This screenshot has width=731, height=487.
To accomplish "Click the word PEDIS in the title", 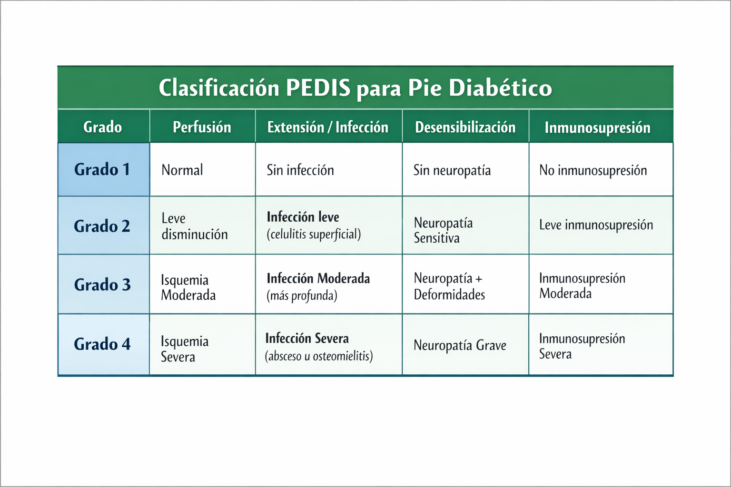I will (x=317, y=88).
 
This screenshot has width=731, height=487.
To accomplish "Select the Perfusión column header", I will (x=202, y=127).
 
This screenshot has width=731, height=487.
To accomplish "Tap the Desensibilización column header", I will (x=465, y=127).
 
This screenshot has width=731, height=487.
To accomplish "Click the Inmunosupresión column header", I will (x=597, y=127).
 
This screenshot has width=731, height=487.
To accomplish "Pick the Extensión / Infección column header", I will (x=327, y=127).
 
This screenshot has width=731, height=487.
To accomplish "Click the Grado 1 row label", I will (x=102, y=169).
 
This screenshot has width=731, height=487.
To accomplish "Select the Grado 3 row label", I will (x=102, y=284).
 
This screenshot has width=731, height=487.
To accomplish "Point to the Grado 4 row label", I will (x=102, y=344).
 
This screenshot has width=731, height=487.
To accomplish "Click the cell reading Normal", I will (x=182, y=170).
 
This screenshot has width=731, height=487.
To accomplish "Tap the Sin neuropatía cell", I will (x=452, y=170).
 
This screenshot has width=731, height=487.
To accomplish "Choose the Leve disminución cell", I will (x=194, y=226).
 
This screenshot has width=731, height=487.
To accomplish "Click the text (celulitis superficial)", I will (x=314, y=234).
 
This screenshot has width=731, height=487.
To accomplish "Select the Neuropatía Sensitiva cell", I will (x=443, y=230).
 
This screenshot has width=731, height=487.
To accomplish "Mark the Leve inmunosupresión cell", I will (x=596, y=225).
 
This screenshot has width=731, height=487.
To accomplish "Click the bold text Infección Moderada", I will (x=318, y=278).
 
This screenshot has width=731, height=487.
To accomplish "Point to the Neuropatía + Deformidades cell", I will (x=449, y=286).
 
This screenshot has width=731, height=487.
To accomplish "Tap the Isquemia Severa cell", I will (x=185, y=349).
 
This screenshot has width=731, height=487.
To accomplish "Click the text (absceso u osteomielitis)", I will (x=319, y=356).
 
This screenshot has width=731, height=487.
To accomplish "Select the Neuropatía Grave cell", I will (x=460, y=345).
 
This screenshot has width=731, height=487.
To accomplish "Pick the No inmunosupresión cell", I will (x=593, y=170).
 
